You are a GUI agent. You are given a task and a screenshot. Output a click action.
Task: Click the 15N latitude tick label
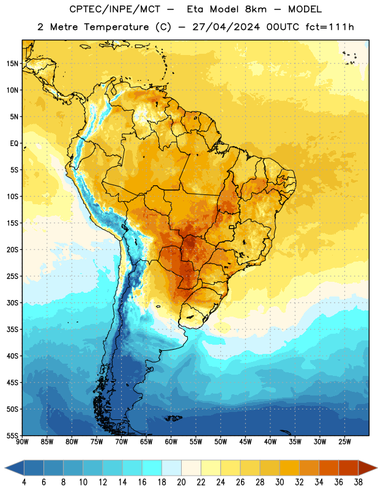click(12, 64)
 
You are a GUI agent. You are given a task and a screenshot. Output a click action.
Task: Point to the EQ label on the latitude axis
click(14, 144)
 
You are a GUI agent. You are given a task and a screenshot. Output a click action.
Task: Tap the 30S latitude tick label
click(12, 303)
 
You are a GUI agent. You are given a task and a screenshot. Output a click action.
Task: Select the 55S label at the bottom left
click(12, 435)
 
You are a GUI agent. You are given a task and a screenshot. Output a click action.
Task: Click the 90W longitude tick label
click(22, 442)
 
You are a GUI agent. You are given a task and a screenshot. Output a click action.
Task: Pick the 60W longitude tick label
click(171, 442)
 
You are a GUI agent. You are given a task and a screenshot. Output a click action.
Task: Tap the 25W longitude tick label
click(344, 442)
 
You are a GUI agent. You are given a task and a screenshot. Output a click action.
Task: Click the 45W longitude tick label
click(245, 442)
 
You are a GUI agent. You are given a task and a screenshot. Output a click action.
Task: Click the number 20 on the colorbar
click(181, 482)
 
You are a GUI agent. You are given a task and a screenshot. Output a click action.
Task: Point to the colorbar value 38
click(358, 482)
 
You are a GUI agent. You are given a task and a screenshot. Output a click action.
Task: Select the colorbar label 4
click(24, 482)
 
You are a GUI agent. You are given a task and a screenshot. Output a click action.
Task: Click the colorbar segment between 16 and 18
click(152, 468)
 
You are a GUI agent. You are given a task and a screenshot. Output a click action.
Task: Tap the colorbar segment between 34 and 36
click(328, 468)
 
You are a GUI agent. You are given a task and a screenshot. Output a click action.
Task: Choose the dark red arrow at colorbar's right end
click(367, 468)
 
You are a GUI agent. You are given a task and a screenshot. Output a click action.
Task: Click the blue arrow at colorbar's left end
click(15, 468)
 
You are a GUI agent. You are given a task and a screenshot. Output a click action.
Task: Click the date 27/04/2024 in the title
click(226, 27)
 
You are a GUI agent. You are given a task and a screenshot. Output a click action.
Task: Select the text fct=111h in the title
click(330, 27)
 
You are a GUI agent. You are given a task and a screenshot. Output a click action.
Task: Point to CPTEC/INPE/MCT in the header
click(114, 9)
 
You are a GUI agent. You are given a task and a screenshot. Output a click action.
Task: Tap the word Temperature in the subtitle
click(116, 28)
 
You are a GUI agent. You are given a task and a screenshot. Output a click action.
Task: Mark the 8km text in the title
click(256, 9)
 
